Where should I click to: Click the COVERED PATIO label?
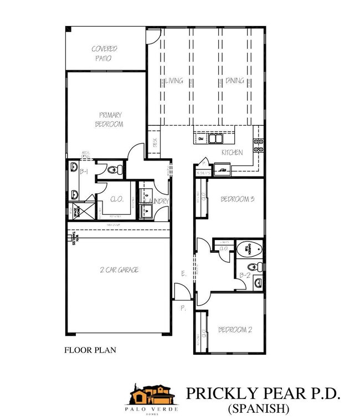click(x=105, y=53)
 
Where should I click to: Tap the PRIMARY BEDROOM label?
click(x=110, y=120)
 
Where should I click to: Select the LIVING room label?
click(x=173, y=81)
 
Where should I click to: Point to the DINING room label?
click(x=234, y=81)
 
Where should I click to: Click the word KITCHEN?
click(x=233, y=152)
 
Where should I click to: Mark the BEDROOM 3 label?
click(x=236, y=199)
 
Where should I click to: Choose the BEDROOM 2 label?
click(x=235, y=330)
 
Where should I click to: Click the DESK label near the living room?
click(x=155, y=142)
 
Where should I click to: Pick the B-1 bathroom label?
click(x=85, y=173)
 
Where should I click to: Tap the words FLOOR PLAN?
click(x=90, y=350)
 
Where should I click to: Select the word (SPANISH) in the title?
click(x=259, y=409)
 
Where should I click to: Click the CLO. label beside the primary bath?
click(x=117, y=200)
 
